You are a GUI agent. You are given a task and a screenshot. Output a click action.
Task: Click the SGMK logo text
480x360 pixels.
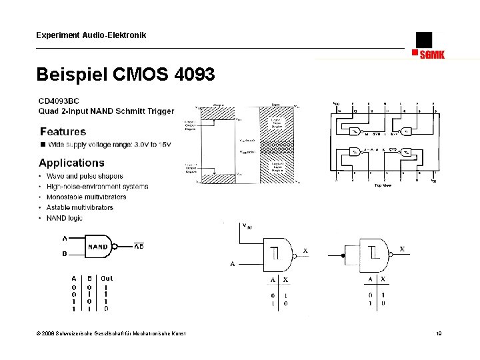pos(432,55)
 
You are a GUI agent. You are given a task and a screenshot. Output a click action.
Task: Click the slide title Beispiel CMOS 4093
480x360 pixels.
pos(126,74)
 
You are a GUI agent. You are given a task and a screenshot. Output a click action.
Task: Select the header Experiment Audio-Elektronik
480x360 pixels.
pos(91,35)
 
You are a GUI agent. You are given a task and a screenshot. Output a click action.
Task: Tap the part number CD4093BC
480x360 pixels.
pos(59,101)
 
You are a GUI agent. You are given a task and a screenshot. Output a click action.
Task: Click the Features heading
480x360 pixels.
pos(63,131)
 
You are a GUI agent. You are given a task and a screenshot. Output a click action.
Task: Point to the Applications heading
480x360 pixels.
pos(71,163)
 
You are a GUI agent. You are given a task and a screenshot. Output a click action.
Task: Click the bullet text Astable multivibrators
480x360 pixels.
pos(80,207)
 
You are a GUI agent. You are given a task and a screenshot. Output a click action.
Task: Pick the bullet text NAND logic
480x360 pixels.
pos(65,217)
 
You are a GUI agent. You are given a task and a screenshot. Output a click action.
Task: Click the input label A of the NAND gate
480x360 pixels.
pos(65,238)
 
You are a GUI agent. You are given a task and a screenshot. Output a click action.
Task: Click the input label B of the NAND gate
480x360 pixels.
pos(65,253)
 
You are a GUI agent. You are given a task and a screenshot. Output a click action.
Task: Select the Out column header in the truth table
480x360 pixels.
pos(107,278)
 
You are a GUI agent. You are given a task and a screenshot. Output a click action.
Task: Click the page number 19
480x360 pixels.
pos(439,333)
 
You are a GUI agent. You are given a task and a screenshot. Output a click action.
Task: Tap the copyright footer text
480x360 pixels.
pos(111,333)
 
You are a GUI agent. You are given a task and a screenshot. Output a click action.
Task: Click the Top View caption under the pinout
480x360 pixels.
pos(382,185)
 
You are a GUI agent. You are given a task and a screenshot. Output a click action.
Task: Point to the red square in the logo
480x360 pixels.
pos(415,52)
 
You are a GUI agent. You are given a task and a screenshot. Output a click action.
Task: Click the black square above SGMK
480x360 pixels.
pos(423,39)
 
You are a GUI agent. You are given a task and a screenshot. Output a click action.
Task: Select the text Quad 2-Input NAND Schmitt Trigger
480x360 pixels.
pos(107,111)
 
